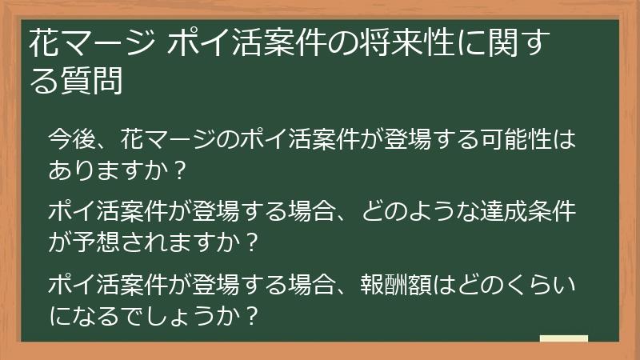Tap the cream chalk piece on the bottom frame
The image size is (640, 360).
pos(564,339)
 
